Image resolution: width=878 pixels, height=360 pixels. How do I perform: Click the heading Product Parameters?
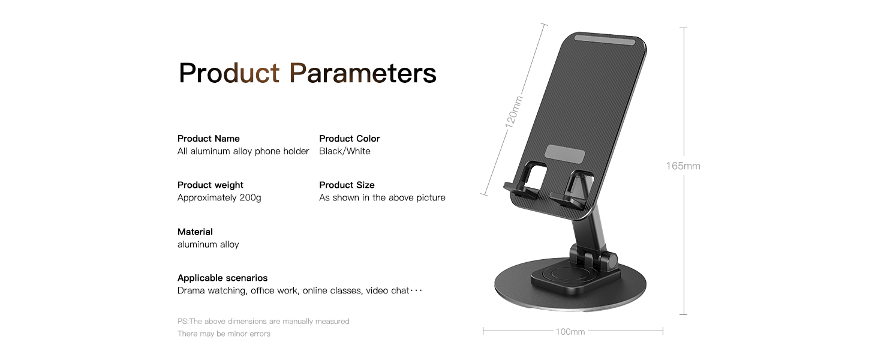point(307,73)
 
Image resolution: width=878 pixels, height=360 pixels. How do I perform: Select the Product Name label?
point(208,139)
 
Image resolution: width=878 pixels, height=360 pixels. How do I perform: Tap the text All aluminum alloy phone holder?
point(243,151)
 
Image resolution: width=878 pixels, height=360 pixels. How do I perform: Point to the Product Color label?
point(349,139)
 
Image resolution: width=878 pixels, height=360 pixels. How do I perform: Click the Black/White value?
point(344,151)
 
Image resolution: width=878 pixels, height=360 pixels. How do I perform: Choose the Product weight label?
point(210,185)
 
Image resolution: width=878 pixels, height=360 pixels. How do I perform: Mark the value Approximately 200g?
point(219,197)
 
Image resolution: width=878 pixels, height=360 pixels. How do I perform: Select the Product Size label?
point(347,185)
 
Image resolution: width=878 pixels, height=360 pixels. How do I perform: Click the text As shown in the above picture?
point(382,197)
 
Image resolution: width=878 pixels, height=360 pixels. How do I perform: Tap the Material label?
point(195,232)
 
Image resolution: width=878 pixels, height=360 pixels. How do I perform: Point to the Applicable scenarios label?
point(222,278)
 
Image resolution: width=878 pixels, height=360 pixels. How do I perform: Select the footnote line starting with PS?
point(263,322)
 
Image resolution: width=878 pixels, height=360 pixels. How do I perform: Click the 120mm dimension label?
point(513,110)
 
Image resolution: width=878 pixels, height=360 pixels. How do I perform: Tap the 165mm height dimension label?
point(682,166)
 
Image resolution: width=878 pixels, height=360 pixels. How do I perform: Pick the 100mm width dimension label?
point(570,331)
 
